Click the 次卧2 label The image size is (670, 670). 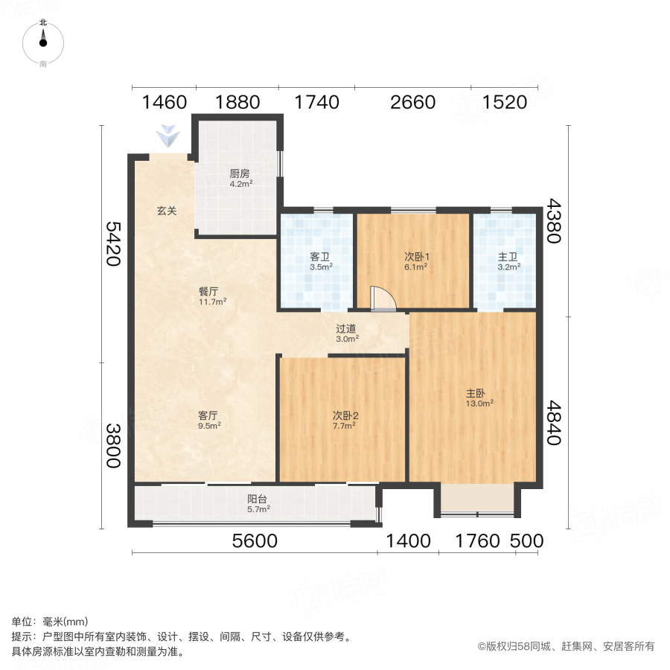pos(344,421)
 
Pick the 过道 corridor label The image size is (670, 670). pos(346,333)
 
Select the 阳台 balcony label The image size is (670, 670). pos(258,504)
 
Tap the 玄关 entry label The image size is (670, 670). pos(167,211)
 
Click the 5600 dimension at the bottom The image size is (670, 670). pos(255,541)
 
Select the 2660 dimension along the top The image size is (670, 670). pos(412,102)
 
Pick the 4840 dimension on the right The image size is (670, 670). pos(554,422)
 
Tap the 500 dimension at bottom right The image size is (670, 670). pos(527,541)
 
